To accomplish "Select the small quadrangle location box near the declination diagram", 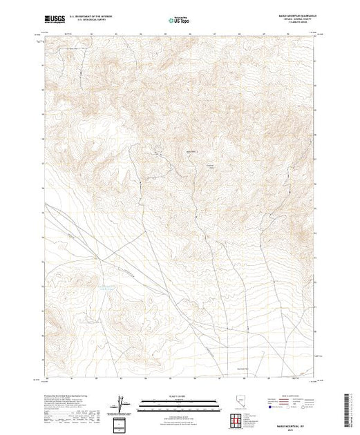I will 122,423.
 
